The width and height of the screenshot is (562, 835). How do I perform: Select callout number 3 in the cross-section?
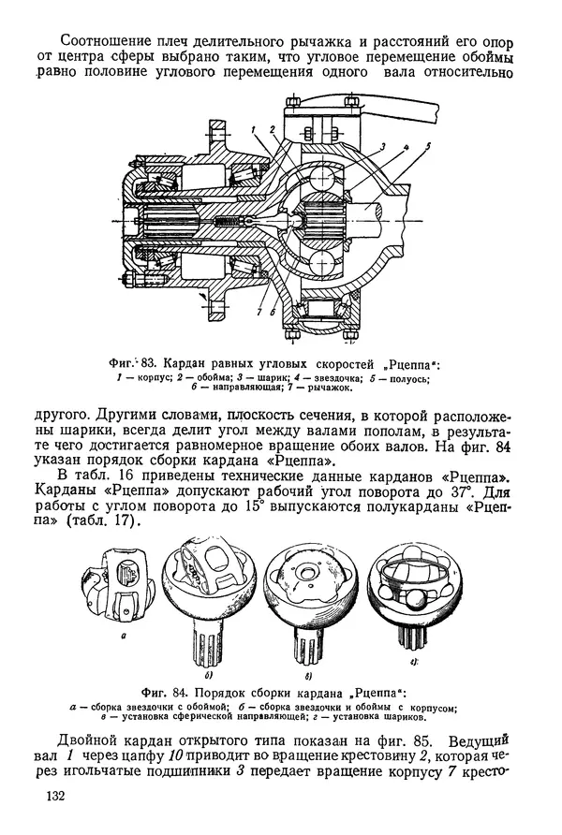tap(383, 148)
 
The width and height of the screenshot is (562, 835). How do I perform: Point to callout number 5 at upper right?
tap(426, 146)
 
